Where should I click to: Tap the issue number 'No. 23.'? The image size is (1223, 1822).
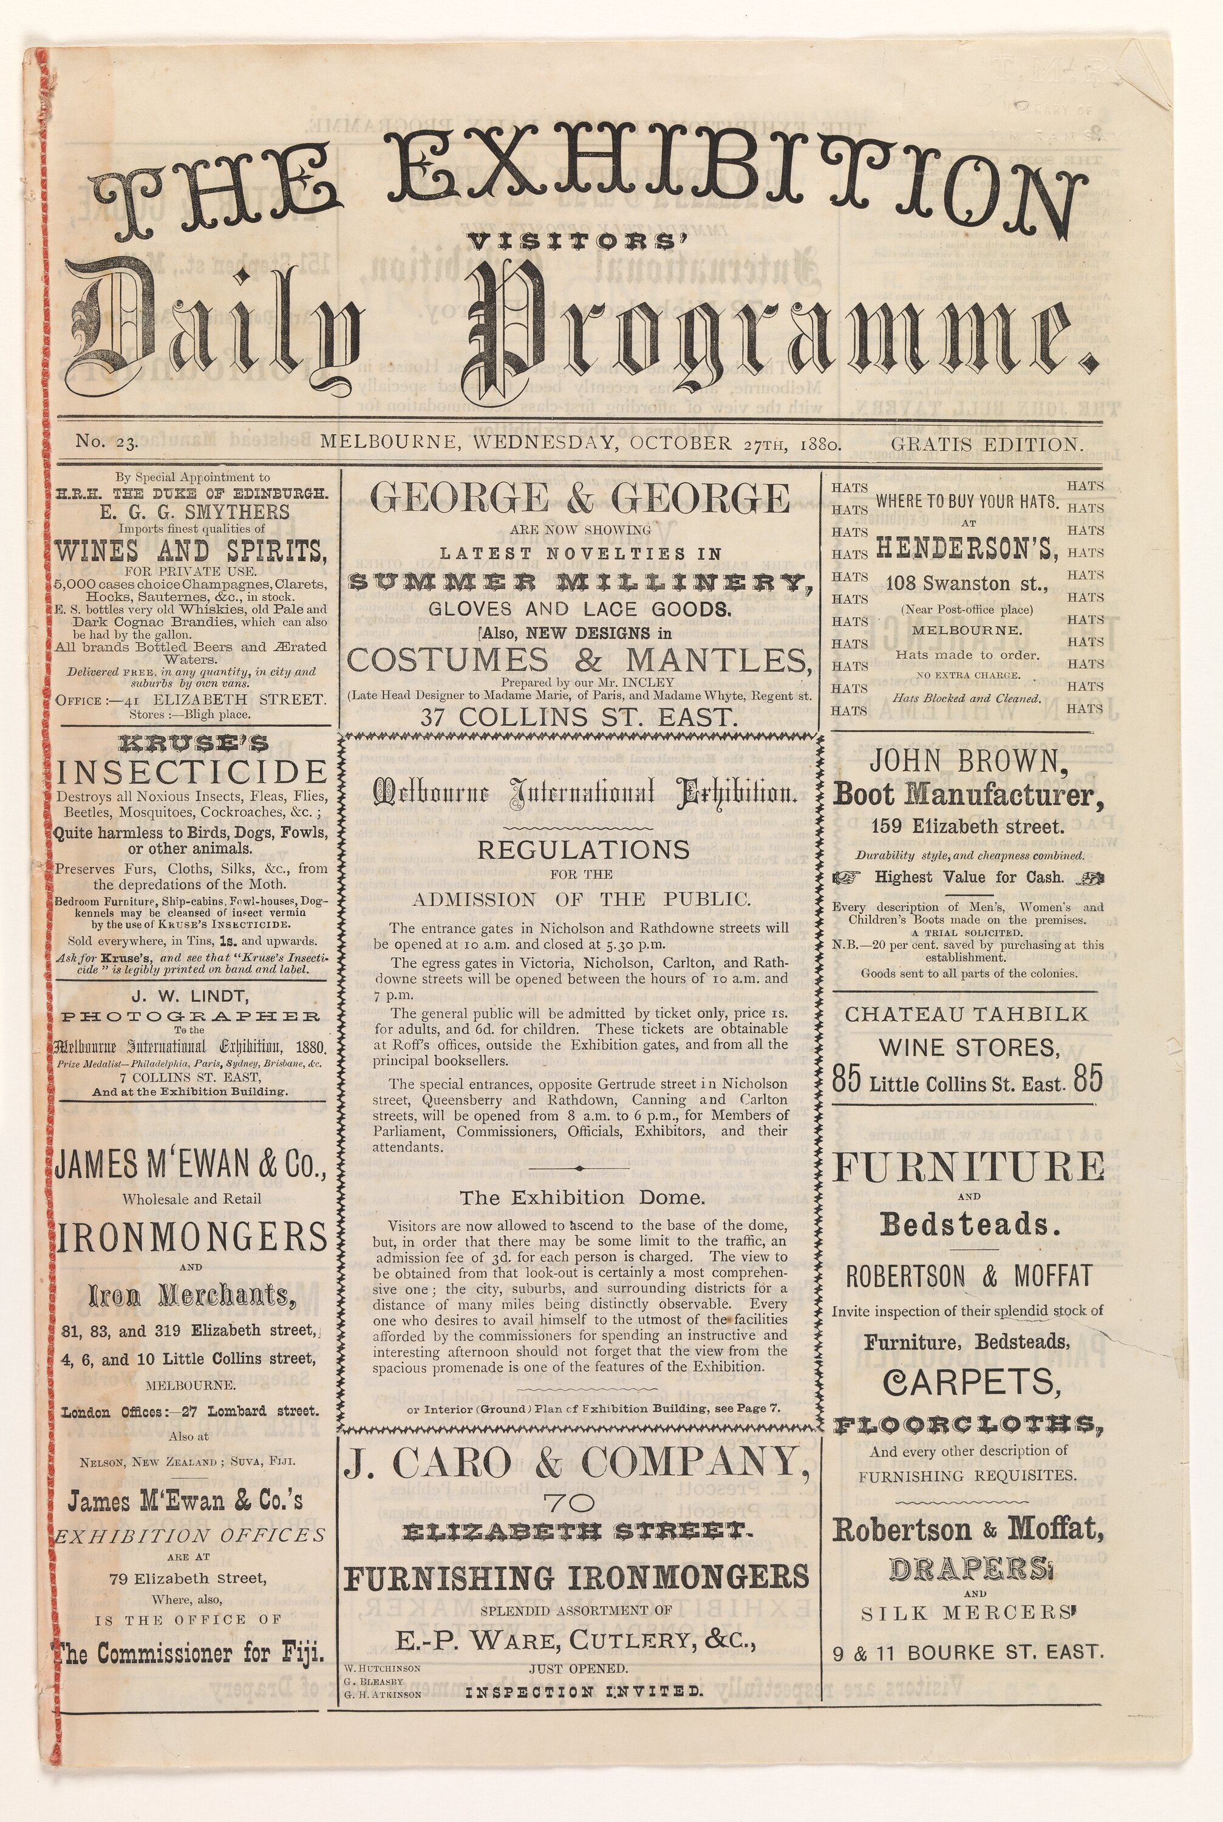(107, 443)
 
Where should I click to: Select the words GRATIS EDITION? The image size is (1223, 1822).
(987, 445)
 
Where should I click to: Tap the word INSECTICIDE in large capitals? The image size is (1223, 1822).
(192, 772)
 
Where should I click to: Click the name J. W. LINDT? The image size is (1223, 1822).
(189, 996)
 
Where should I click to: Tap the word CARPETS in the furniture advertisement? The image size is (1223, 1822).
(972, 1383)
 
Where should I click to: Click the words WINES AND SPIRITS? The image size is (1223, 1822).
(191, 551)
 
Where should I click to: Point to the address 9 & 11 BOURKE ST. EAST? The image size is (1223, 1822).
(966, 1653)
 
